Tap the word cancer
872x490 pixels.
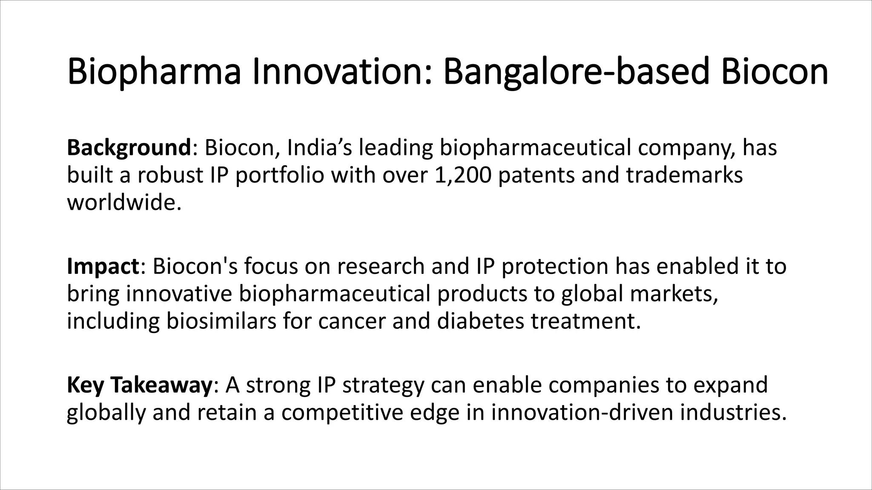coord(351,321)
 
